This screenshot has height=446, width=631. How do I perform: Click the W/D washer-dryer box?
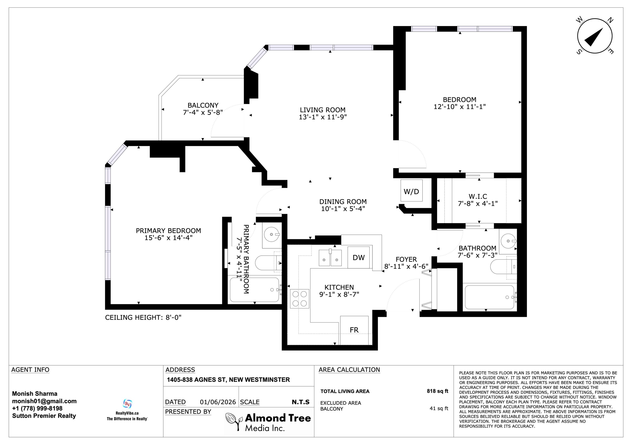411,191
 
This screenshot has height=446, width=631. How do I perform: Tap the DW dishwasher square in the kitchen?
359,258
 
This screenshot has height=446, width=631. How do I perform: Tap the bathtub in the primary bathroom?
255,290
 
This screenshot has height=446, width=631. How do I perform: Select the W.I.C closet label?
478,196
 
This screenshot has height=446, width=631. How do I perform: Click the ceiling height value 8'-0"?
173,318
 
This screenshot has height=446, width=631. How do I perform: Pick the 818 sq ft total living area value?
437,391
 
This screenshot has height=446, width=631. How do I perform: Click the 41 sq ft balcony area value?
439,408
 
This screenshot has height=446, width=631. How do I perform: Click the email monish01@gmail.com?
44,401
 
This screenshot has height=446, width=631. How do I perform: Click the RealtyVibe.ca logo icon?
127,404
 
